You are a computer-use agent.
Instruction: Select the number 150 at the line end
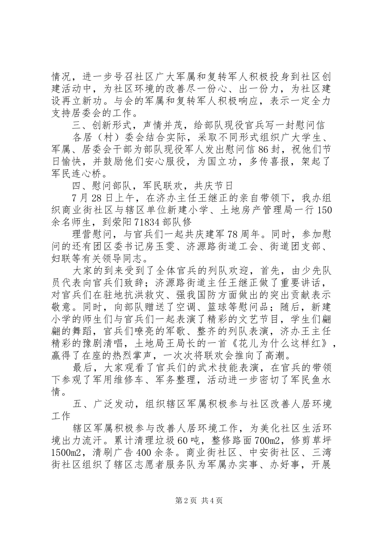coord(324,211)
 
